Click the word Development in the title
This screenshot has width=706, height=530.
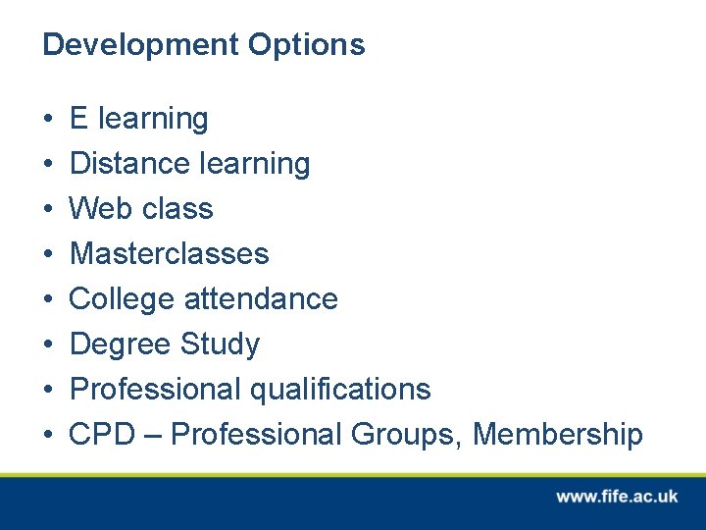point(140,45)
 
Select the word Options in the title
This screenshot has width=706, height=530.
point(306,45)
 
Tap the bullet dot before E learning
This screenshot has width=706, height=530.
point(48,120)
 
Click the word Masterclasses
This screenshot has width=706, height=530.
point(169,253)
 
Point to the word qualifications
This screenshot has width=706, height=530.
point(340,389)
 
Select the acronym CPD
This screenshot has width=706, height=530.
point(101,434)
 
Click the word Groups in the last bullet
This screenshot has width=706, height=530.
point(412,434)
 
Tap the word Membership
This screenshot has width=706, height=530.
point(558,434)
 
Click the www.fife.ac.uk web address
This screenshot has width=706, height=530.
point(617,497)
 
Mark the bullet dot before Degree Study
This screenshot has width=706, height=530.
point(48,345)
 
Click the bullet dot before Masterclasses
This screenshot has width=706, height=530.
point(48,255)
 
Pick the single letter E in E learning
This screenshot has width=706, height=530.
point(79,118)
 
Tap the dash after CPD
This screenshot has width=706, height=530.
point(151,435)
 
